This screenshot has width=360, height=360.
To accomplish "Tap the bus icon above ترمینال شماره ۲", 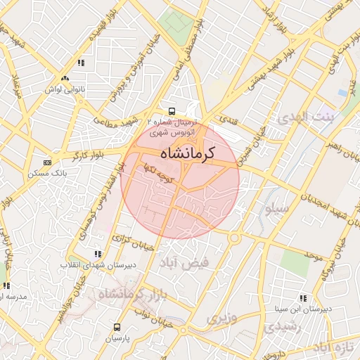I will [x=172, y=111].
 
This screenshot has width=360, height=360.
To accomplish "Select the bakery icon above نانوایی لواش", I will [x=65, y=79].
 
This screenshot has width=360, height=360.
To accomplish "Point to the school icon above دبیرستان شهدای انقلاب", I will [x=96, y=253].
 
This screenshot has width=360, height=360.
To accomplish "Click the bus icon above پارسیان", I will [x=117, y=327].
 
